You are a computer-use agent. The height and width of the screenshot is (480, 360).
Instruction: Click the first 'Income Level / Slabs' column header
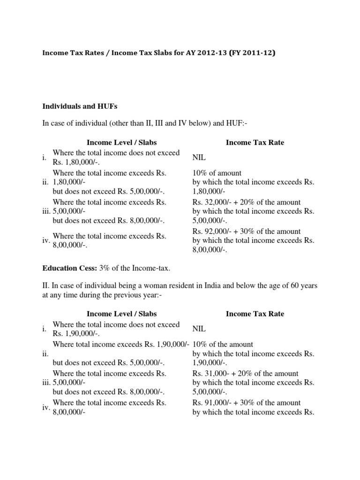coord(121,142)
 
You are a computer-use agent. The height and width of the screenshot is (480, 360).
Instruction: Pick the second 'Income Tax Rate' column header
coord(255,314)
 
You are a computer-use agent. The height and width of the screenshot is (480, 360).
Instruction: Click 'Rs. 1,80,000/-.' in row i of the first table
coord(76,162)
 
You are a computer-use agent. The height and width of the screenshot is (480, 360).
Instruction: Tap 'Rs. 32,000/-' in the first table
coord(211,202)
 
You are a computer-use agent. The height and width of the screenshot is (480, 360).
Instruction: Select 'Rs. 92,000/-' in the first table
coord(211,232)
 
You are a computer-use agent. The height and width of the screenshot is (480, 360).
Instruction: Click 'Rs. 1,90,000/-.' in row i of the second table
coord(76,334)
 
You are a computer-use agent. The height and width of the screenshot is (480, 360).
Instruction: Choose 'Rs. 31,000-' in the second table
coord(209,374)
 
